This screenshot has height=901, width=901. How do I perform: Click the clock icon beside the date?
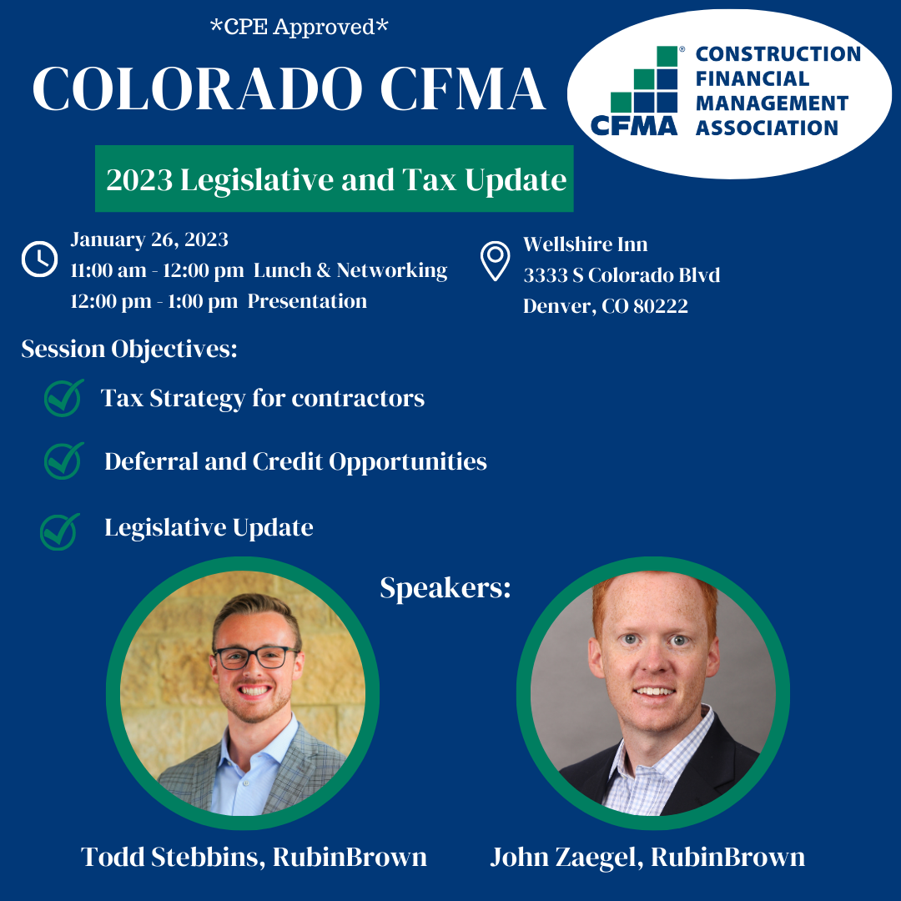[x=40, y=259]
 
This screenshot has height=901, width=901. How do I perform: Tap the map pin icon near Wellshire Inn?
[x=495, y=261]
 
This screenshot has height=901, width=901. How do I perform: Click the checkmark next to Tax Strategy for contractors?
[x=63, y=398]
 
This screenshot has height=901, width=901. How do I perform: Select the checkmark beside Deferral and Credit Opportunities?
[x=63, y=461]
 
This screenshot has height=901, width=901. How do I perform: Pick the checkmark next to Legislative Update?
[x=60, y=531]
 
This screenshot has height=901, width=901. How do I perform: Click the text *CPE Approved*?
[x=299, y=27]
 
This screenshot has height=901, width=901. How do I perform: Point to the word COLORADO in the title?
[x=197, y=88]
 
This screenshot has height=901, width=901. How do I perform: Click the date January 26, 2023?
[x=149, y=239]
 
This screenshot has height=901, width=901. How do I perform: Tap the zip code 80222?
[x=660, y=305]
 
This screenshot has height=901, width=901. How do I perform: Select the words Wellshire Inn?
[x=585, y=244]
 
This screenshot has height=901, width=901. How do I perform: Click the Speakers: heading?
[x=445, y=588]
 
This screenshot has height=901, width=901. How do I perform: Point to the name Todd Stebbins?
[x=173, y=857]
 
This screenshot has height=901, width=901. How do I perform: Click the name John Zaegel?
[x=566, y=857]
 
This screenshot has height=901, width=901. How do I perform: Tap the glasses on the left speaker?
[x=256, y=657]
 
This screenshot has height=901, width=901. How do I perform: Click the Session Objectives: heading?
[x=129, y=349]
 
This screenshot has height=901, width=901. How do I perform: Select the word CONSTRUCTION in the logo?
[x=778, y=54]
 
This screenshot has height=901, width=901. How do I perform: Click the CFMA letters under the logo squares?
[x=634, y=126]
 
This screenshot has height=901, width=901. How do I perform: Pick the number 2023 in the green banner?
[x=139, y=180]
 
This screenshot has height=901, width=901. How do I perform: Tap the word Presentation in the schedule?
[x=307, y=301]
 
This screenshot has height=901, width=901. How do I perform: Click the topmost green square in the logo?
[x=667, y=57]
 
